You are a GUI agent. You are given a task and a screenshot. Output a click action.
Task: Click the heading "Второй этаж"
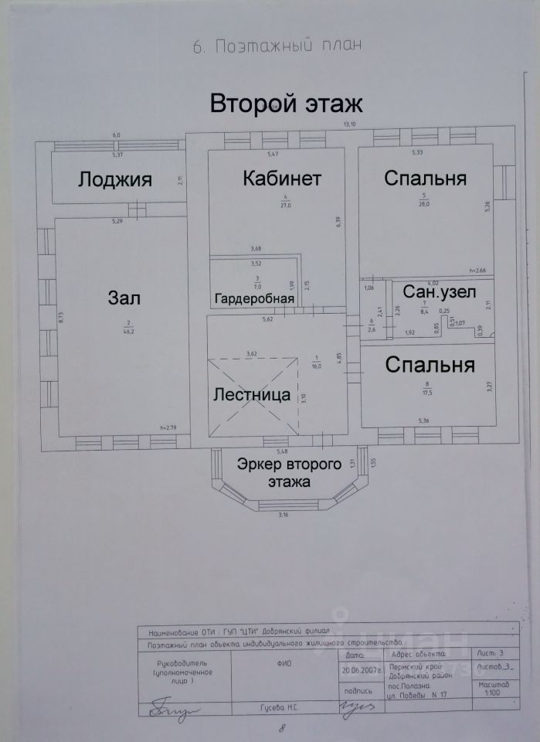tap(287, 104)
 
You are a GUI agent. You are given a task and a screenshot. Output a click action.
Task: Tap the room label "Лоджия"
tap(114, 180)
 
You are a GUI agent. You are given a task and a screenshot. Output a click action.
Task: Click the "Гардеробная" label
tap(254, 298)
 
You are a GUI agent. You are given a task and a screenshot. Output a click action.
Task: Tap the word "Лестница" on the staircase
tap(251, 395)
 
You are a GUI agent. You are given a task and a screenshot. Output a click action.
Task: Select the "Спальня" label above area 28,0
tap(426, 178)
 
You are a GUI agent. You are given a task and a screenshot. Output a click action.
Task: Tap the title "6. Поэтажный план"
tap(277, 46)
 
